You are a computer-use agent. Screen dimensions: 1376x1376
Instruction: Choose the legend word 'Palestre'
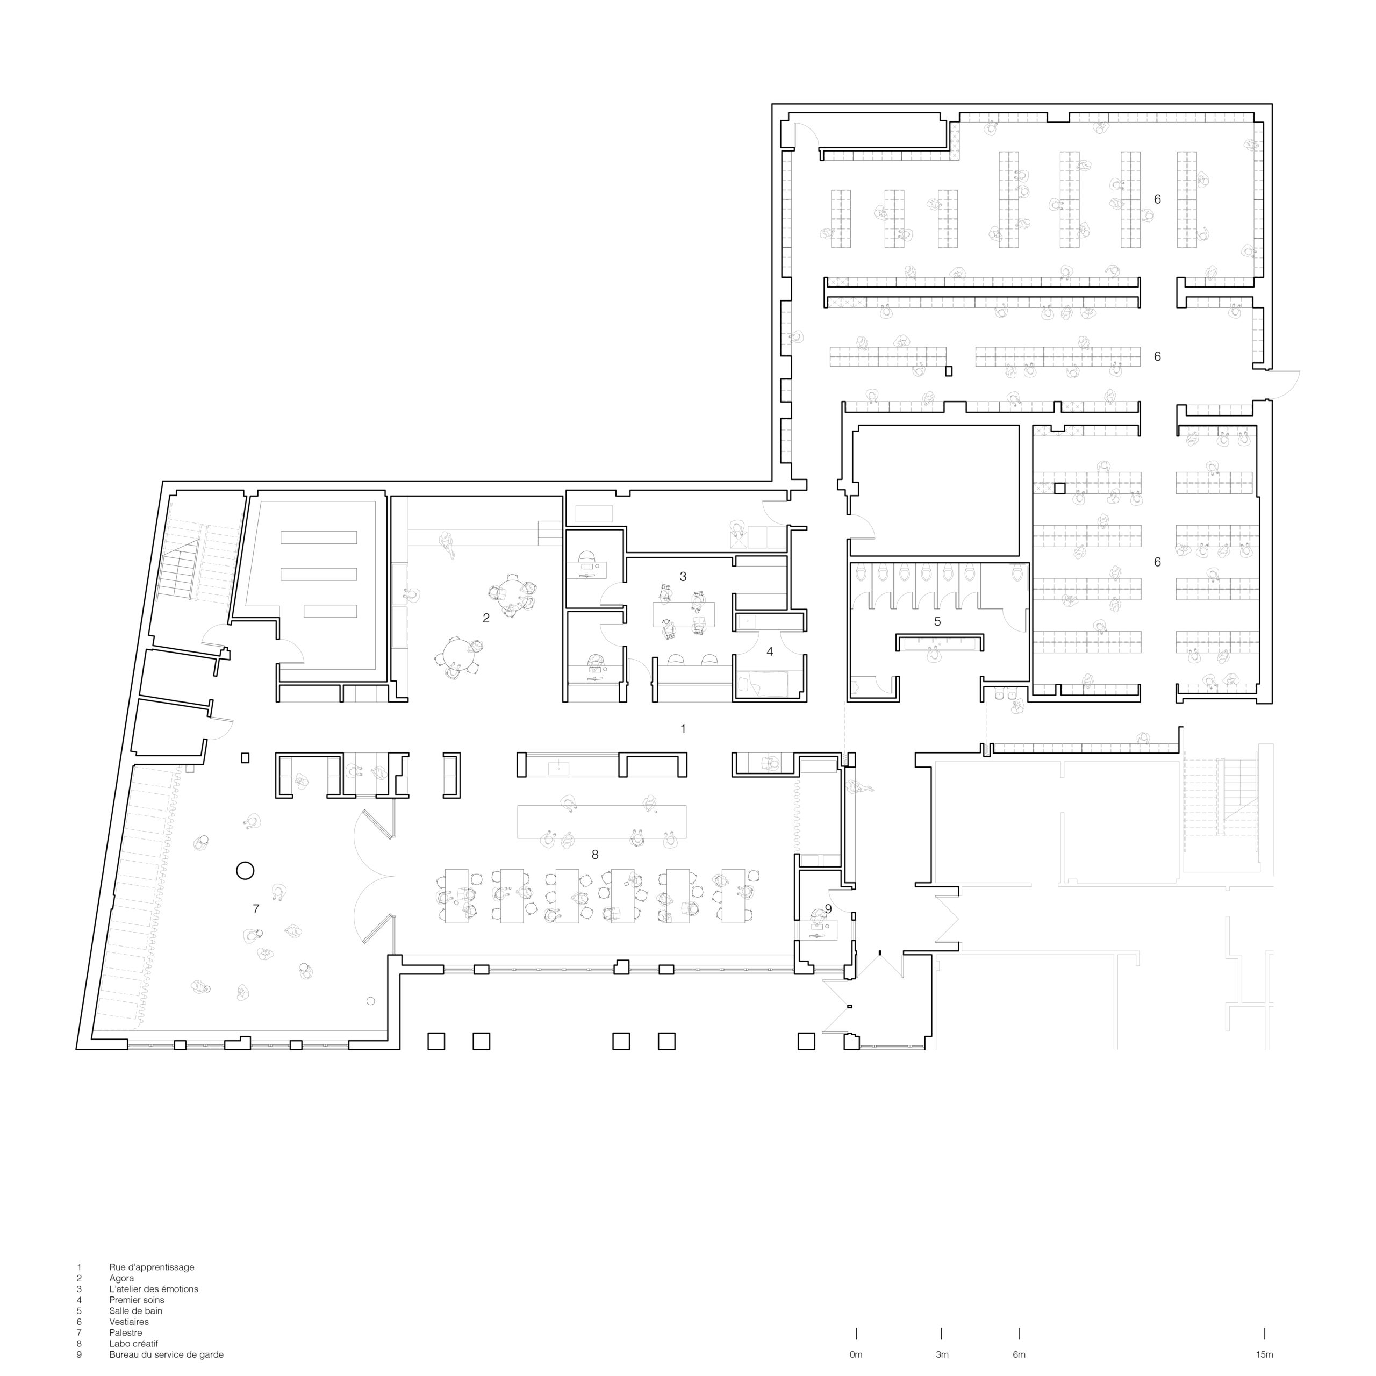(126, 1332)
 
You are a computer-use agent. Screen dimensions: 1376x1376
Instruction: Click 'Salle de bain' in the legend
(136, 1310)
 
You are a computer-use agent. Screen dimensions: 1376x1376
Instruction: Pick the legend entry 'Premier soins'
(137, 1300)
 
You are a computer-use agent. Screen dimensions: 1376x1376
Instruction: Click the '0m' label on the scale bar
(856, 1354)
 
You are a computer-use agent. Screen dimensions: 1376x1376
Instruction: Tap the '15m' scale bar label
(1264, 1354)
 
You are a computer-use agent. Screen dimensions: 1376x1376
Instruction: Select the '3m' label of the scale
(942, 1354)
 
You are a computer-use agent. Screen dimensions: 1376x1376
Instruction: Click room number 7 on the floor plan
(256, 909)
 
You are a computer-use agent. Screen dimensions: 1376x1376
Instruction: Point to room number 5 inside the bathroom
(937, 621)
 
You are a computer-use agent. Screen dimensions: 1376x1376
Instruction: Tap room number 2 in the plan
(486, 618)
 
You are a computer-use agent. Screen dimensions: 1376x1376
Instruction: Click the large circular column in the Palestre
(245, 870)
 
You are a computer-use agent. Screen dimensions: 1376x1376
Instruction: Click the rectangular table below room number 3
(683, 614)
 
